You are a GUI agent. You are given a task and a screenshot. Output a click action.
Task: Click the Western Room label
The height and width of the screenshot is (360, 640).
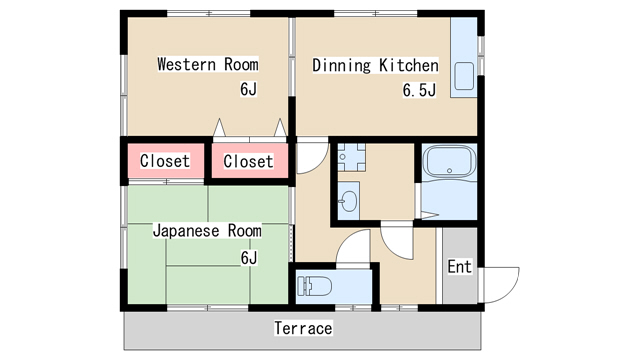click(208, 64)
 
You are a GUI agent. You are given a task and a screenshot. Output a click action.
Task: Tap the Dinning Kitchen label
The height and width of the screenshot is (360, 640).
click(376, 65)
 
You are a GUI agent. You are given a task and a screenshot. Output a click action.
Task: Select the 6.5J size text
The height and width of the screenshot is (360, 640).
click(419, 90)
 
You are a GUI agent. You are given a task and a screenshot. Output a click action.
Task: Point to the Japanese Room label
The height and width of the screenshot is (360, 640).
click(207, 231)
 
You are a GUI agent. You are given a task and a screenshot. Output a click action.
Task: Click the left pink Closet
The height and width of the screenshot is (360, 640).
click(165, 161)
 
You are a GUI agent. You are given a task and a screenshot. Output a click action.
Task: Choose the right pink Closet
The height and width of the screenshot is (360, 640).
click(249, 161)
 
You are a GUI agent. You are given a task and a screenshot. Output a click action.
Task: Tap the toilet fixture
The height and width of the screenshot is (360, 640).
click(314, 286)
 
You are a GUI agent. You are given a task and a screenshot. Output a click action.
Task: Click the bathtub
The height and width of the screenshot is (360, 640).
click(449, 161)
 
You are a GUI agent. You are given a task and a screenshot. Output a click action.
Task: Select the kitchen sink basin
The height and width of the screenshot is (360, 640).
click(464, 76)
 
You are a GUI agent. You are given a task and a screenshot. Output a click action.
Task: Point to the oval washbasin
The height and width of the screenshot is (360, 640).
click(349, 201)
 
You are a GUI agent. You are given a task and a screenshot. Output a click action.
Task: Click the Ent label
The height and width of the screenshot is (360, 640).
click(459, 267)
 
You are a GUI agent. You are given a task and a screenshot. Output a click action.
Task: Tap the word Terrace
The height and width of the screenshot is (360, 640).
click(303, 328)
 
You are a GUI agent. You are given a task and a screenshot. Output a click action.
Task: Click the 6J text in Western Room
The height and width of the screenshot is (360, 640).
click(249, 89)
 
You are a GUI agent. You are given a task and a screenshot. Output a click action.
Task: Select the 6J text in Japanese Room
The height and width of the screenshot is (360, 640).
click(249, 258)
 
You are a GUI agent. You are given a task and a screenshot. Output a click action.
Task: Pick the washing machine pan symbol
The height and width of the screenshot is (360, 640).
click(351, 157)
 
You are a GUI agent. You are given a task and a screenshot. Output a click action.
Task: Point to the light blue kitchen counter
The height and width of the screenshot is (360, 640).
click(464, 57)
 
